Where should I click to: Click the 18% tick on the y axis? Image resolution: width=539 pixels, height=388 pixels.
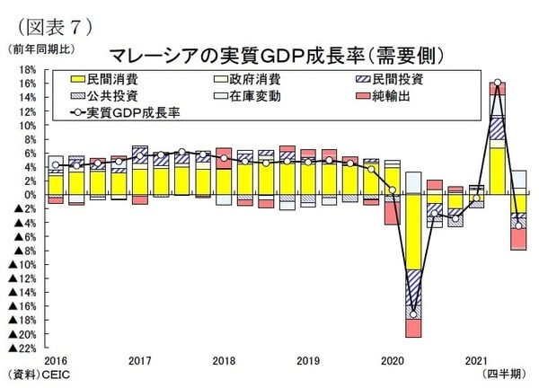26,69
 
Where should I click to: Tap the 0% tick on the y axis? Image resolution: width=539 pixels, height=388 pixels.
29,194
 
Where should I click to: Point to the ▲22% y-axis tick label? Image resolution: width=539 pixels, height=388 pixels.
22,348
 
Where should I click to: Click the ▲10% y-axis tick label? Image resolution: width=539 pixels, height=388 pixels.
22,264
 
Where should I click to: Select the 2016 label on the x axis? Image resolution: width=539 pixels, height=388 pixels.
55,360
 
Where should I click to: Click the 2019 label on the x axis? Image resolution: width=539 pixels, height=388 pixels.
307,360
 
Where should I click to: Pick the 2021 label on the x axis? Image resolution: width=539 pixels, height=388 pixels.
476,360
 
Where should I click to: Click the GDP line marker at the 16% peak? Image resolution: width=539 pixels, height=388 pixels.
497,83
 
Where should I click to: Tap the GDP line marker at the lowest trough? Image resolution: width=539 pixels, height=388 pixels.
413,313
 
